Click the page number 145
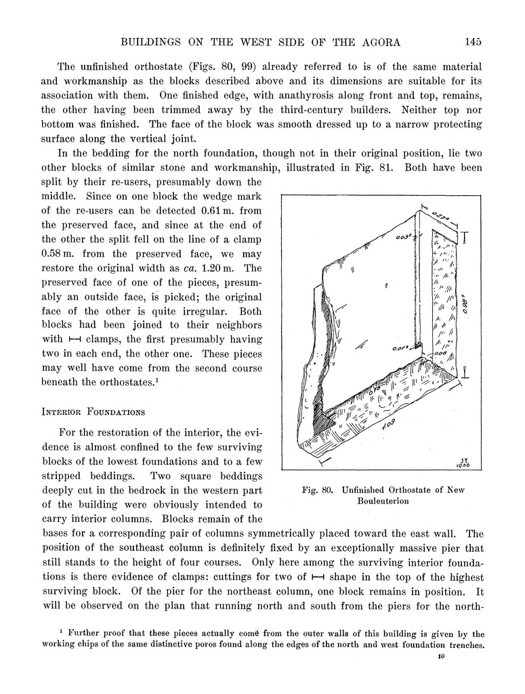coord(473,42)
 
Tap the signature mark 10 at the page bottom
coord(440,656)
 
